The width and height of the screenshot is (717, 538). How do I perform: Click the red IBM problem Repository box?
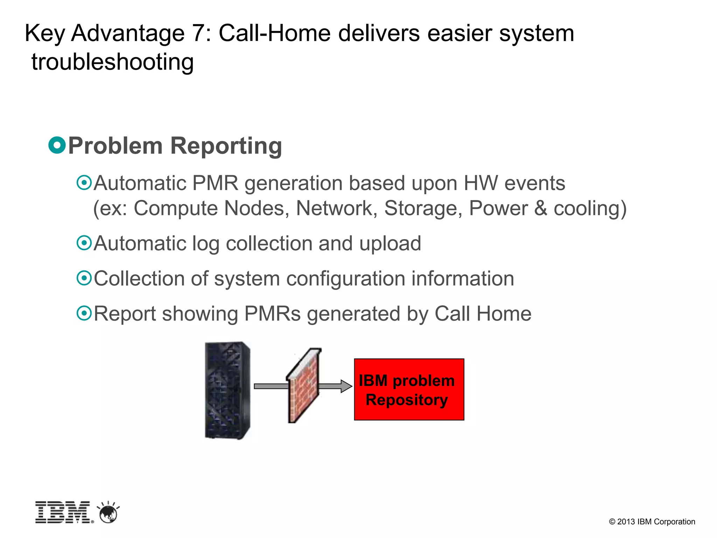click(x=409, y=389)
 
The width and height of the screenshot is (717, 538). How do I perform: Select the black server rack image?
click(x=228, y=390)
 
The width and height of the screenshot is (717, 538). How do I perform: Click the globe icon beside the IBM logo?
click(x=109, y=513)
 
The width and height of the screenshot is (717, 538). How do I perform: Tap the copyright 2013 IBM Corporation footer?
click(x=652, y=522)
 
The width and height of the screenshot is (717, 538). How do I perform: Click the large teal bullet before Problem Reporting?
click(x=57, y=145)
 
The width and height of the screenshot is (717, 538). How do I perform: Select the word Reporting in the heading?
click(x=226, y=146)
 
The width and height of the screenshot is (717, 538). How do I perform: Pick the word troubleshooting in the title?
click(x=112, y=62)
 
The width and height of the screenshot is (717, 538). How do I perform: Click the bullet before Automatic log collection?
click(x=84, y=243)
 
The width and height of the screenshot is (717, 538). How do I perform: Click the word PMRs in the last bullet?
click(x=272, y=313)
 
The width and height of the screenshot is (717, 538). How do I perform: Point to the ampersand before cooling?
click(x=540, y=208)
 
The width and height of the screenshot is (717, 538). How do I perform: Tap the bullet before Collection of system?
click(x=84, y=278)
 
